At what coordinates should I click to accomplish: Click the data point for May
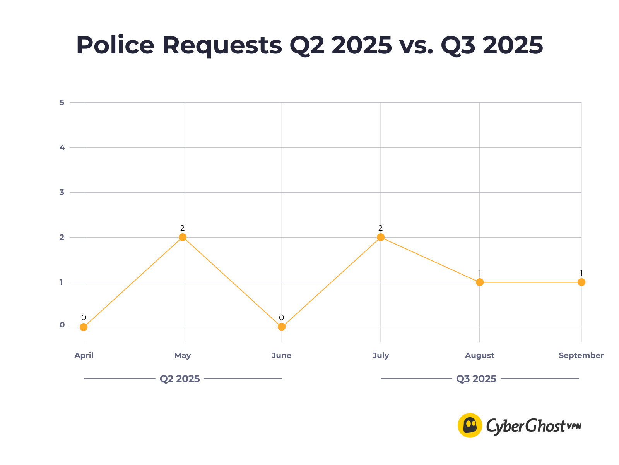pyautogui.click(x=183, y=237)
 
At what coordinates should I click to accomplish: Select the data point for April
pyautogui.click(x=84, y=327)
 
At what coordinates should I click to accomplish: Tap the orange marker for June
pyautogui.click(x=282, y=327)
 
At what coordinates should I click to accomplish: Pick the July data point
pyautogui.click(x=381, y=237)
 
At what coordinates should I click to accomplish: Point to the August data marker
pyautogui.click(x=480, y=282)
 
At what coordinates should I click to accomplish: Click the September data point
pyautogui.click(x=581, y=282)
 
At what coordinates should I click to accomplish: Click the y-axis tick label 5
pyautogui.click(x=62, y=103)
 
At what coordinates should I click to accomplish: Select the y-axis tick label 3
pyautogui.click(x=62, y=193)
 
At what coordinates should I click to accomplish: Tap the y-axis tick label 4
pyautogui.click(x=62, y=148)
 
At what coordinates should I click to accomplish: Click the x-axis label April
pyautogui.click(x=84, y=355)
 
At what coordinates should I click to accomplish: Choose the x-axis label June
pyautogui.click(x=282, y=355)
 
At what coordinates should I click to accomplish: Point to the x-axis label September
pyautogui.click(x=581, y=355)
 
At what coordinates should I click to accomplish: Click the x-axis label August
pyautogui.click(x=480, y=355)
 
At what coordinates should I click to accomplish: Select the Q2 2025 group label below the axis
pyautogui.click(x=180, y=379)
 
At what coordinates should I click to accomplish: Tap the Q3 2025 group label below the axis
pyautogui.click(x=476, y=379)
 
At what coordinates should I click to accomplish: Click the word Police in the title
pyautogui.click(x=115, y=45)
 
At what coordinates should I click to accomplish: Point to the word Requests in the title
pyautogui.click(x=222, y=46)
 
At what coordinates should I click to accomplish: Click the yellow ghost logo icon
pyautogui.click(x=470, y=425)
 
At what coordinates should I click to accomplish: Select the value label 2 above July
pyautogui.click(x=381, y=228)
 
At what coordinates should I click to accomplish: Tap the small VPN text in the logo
pyautogui.click(x=574, y=426)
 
